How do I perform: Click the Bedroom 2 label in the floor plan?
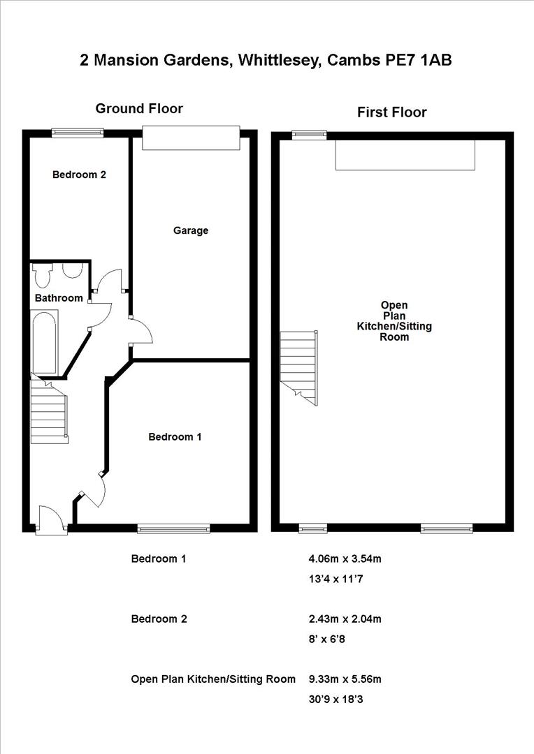(x=79, y=175)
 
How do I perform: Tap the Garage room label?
(x=191, y=230)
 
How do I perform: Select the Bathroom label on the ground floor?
(x=59, y=298)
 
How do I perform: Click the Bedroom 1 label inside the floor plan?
(x=175, y=437)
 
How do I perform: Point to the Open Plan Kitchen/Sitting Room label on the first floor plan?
(x=394, y=320)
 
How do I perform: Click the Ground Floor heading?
(x=139, y=108)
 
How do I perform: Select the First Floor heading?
(x=391, y=112)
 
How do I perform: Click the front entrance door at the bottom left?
(x=49, y=520)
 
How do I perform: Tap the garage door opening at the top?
(x=191, y=138)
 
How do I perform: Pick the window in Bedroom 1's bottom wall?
(x=173, y=528)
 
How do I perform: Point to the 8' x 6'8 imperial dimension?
(x=326, y=638)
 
